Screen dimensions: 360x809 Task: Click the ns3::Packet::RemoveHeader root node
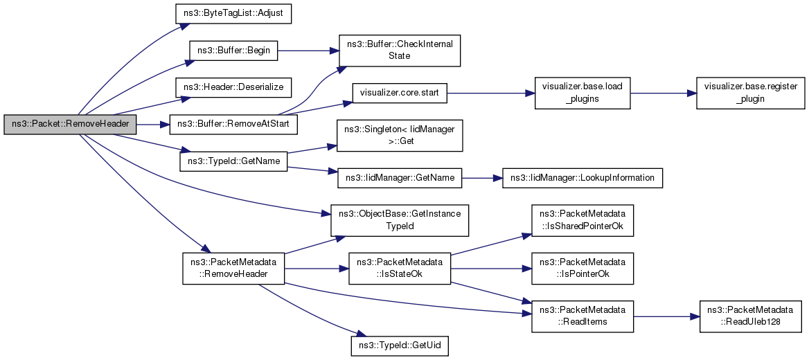70,125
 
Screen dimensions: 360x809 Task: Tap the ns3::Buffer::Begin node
233,51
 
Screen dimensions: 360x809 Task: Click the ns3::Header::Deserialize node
233,88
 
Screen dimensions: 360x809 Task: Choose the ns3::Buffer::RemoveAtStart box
233,125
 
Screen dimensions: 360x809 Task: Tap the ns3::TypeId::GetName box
233,161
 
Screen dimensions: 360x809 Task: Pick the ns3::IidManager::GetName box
400,178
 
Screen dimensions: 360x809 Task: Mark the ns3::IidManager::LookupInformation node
583,178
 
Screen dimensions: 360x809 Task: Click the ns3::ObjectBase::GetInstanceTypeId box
400,220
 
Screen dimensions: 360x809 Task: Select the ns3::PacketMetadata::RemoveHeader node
233,269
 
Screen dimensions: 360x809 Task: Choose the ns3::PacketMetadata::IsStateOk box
400,269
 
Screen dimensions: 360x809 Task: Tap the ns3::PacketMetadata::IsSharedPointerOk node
583,220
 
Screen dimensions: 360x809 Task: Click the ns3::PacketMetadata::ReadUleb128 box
750,316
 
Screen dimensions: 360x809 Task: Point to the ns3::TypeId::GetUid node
400,344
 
